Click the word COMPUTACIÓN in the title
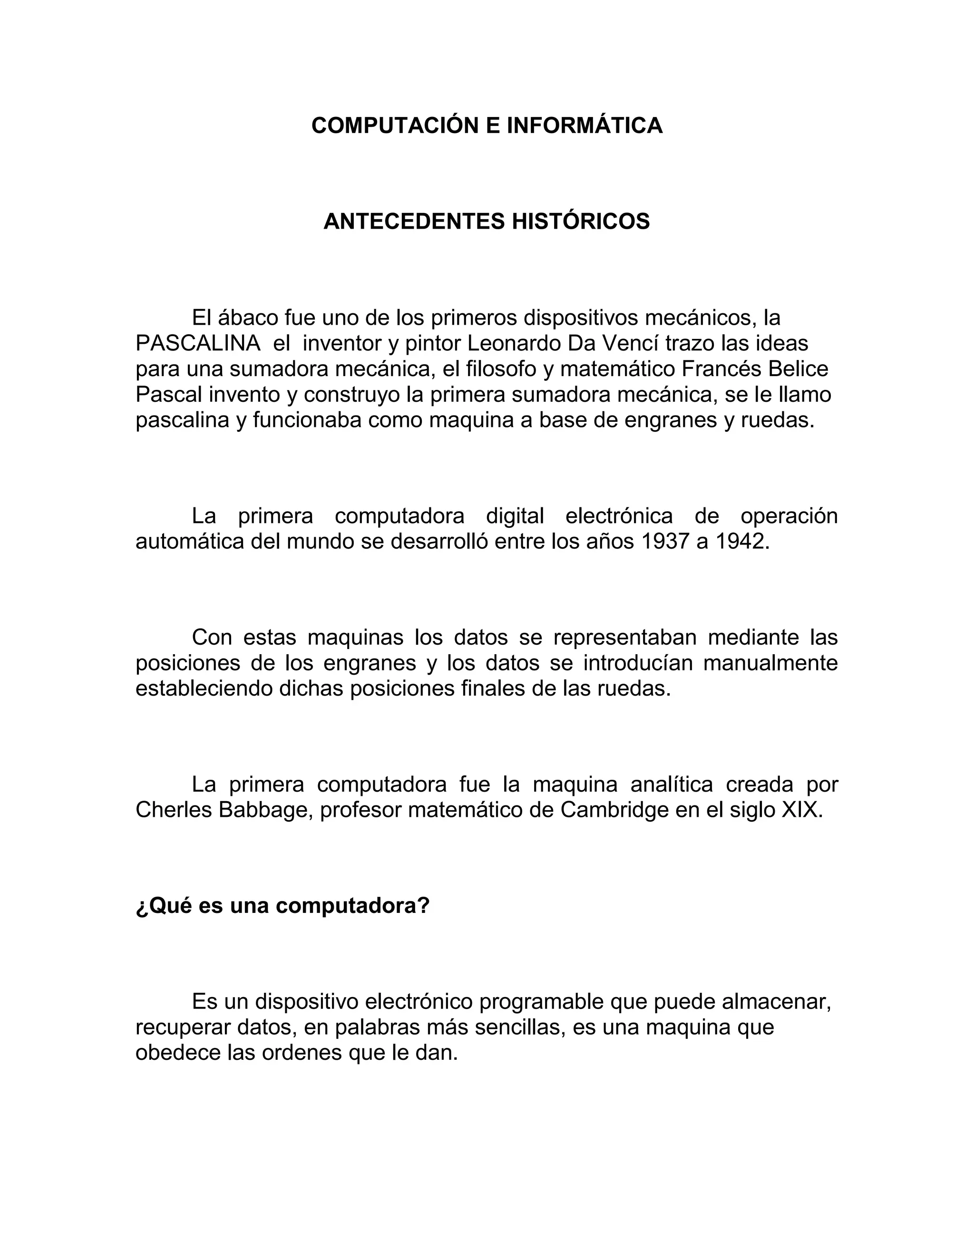395,126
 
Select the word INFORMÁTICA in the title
584,126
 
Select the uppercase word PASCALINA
198,343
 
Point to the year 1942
741,542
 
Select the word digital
515,516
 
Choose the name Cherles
174,811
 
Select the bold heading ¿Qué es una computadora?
283,906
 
